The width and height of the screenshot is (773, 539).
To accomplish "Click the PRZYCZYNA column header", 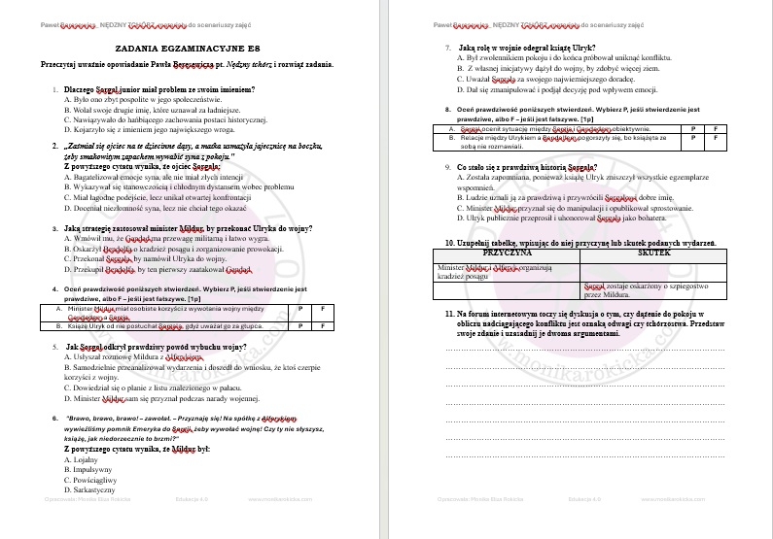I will (x=505, y=250).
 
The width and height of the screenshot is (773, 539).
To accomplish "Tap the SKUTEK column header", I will (x=652, y=250).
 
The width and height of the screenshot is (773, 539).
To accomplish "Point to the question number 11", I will (x=450, y=315).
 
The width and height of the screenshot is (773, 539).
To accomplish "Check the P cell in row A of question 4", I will (x=300, y=308).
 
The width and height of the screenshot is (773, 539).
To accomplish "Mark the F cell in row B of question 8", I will (x=715, y=138).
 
